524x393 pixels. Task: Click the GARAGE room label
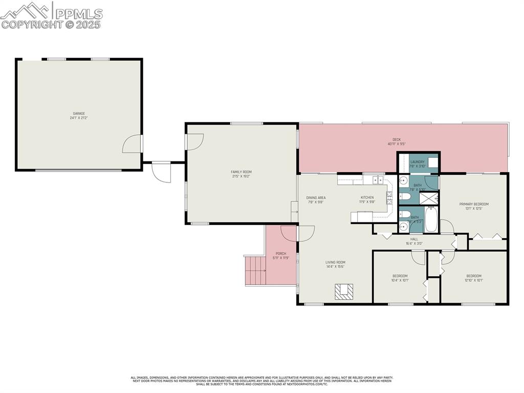click(x=78, y=114)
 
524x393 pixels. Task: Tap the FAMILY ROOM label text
click(x=242, y=172)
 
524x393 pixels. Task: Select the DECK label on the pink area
click(x=397, y=139)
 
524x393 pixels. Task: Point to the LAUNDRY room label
click(x=418, y=162)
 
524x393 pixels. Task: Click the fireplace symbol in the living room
click(x=343, y=292)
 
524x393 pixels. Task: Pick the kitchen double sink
click(x=378, y=180)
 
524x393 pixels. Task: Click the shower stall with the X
click(x=429, y=197)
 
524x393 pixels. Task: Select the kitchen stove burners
click(x=389, y=197)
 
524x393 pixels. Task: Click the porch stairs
click(x=254, y=270)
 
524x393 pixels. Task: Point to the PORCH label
click(x=281, y=254)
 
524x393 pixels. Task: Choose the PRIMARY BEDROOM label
click(x=474, y=204)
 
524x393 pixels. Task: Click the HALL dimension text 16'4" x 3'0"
click(x=414, y=243)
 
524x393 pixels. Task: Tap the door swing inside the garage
click(x=132, y=144)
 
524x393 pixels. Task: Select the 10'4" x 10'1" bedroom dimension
click(x=400, y=280)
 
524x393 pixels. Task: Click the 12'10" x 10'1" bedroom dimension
click(x=474, y=280)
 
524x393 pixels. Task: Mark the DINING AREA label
click(x=316, y=198)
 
